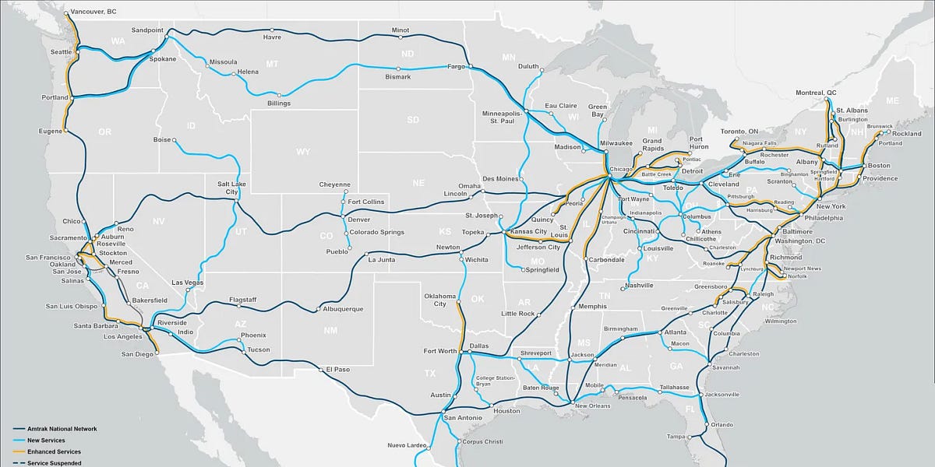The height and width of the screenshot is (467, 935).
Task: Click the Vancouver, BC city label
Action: point(93,12)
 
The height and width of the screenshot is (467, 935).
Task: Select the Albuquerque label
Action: point(342,309)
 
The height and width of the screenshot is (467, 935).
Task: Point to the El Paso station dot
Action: point(322,370)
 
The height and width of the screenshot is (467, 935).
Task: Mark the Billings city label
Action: point(278,104)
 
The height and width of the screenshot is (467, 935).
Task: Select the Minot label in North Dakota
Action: point(400,30)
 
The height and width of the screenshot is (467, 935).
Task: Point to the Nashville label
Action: point(640,286)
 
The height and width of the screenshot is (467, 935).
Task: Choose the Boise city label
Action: point(162,140)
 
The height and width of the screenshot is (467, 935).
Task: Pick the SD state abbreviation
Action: point(412,120)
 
